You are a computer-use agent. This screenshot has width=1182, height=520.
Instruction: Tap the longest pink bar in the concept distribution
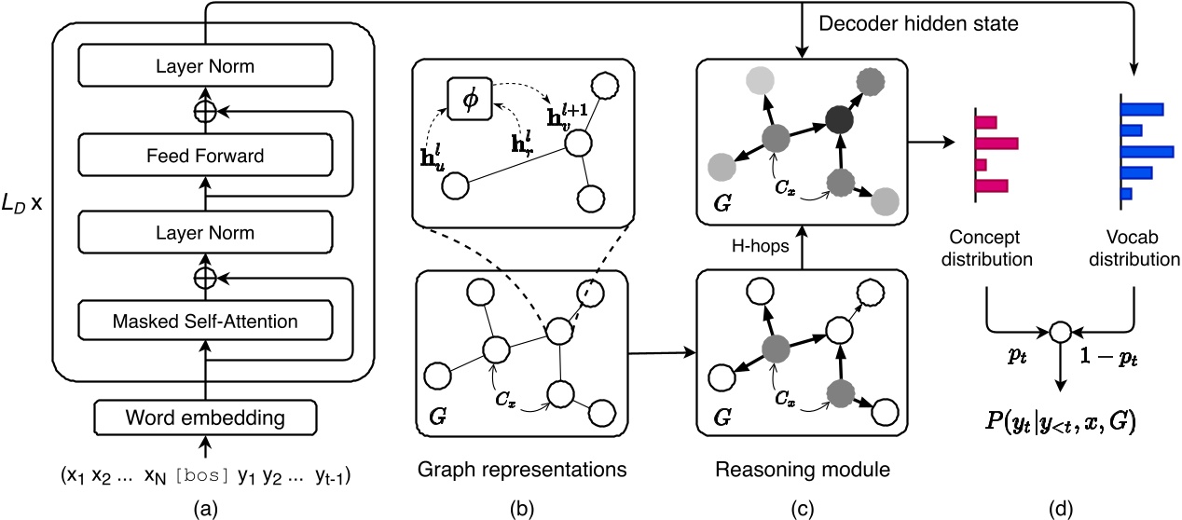[x=996, y=144]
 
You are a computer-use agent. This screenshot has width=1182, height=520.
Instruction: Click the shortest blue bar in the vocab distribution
[x=1125, y=194]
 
